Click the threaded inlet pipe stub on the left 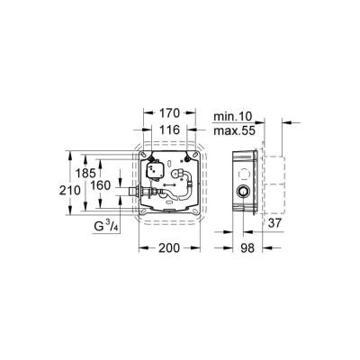pyautogui.click(x=132, y=192)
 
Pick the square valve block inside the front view pyautogui.click(x=150, y=173)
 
